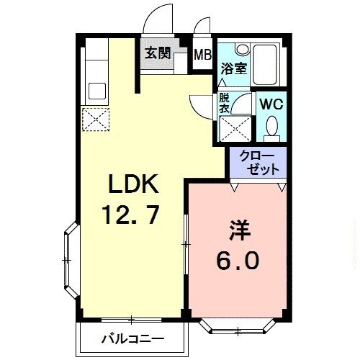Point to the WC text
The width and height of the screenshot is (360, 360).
click(271, 104)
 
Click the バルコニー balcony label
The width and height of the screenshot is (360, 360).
click(132, 338)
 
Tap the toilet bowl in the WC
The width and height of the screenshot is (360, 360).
click(272, 128)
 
